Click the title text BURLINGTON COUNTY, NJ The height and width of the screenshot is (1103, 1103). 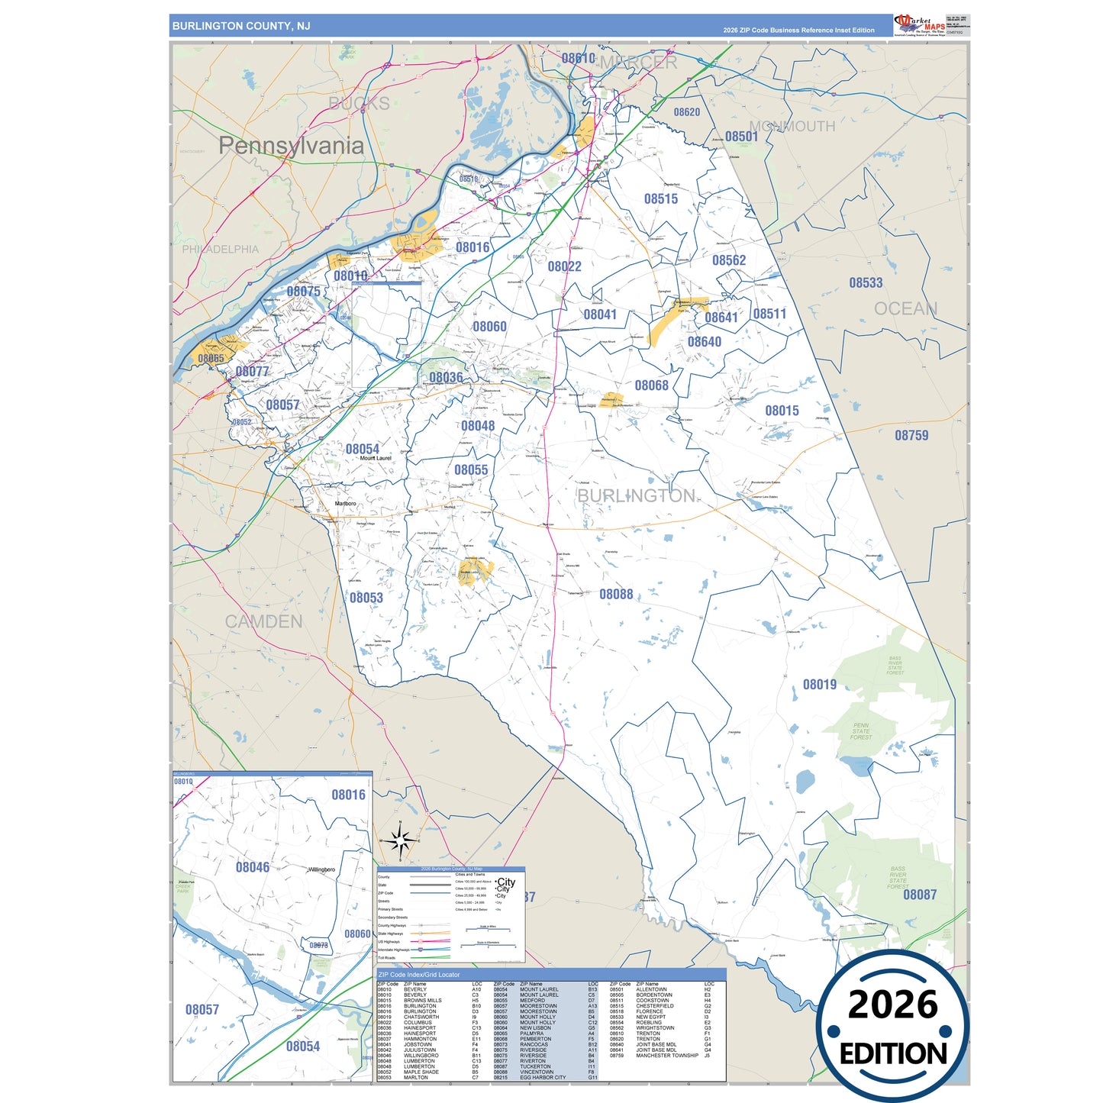pos(241,26)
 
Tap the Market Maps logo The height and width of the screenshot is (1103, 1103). pos(920,25)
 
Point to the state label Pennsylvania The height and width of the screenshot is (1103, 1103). pos(291,146)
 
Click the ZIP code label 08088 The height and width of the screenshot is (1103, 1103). pos(616,594)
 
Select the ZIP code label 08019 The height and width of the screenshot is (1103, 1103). pos(819,685)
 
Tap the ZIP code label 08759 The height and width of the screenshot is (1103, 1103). pos(911,435)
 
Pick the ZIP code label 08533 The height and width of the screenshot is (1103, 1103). pos(866,282)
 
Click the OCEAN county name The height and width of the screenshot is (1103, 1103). pos(905,308)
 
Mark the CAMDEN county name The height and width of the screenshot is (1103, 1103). pos(263,621)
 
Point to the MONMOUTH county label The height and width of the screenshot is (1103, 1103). pos(792,126)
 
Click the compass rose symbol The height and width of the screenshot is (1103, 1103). pos(399,840)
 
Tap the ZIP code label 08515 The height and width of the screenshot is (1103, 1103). pos(660,198)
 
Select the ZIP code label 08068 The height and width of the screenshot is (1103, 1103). pos(651,385)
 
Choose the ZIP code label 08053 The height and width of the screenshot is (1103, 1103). pos(366,598)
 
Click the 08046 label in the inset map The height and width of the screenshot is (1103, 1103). pos(252,867)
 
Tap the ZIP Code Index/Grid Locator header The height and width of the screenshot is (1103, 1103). pos(419,975)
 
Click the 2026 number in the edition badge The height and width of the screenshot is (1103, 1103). pos(892,1005)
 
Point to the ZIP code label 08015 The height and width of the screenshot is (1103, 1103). pos(782,411)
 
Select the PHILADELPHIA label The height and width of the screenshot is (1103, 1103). pos(220,249)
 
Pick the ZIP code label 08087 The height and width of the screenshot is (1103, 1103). pos(920,895)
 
